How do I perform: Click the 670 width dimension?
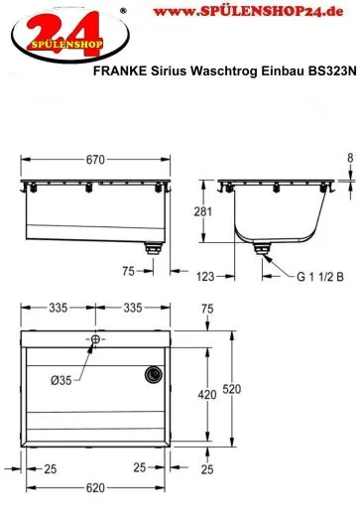(95, 160)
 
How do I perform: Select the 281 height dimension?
(202, 211)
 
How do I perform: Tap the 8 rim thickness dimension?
(350, 158)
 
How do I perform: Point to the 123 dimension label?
(205, 276)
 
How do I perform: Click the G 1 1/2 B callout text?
(320, 276)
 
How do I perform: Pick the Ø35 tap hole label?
(61, 380)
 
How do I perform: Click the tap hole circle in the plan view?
(95, 339)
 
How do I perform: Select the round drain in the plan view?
(154, 375)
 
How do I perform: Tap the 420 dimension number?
(207, 394)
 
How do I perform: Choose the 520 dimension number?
(231, 389)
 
